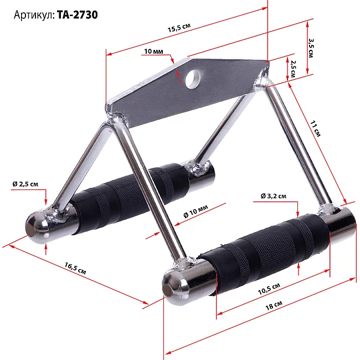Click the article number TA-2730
click(x=77, y=15)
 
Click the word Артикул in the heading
click(x=33, y=15)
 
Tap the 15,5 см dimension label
click(x=179, y=28)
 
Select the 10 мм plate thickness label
click(x=153, y=51)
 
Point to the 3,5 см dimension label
click(x=311, y=48)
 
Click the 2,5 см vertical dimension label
click(x=293, y=69)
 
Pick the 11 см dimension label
click(x=315, y=129)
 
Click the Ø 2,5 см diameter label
click(x=25, y=184)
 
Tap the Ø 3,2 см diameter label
click(x=274, y=196)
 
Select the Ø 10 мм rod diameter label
click(x=196, y=211)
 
